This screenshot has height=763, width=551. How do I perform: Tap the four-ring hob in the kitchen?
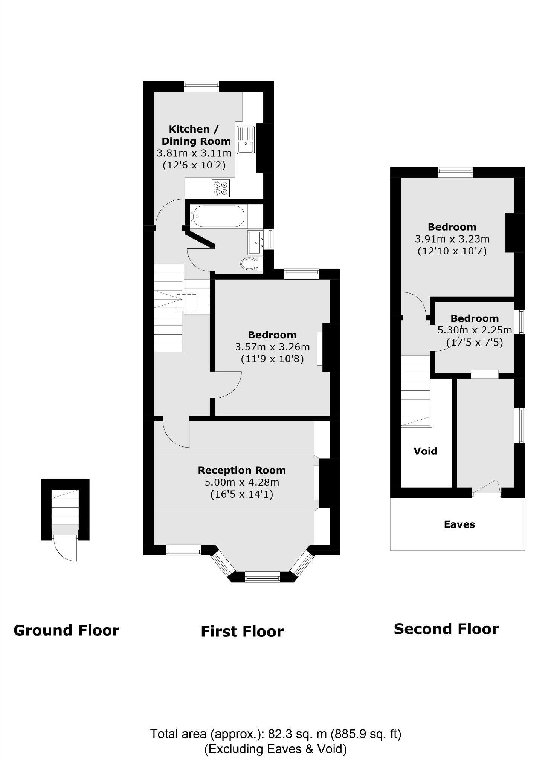[x=221, y=188]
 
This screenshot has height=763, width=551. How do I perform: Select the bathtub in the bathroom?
[x=217, y=216]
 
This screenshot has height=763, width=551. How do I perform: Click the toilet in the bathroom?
[x=249, y=264]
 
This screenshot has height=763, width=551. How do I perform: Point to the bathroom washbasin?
[x=255, y=243]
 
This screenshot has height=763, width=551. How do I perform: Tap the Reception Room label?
[x=242, y=470]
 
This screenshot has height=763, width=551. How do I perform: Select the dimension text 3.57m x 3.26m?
[x=272, y=347]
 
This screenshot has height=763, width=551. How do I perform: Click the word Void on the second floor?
[x=425, y=451]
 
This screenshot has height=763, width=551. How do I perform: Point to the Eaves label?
[x=459, y=524]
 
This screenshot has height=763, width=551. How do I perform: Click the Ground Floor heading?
[x=66, y=630]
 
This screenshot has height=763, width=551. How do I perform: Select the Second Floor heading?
[x=446, y=629]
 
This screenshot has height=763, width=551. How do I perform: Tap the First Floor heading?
[x=242, y=632]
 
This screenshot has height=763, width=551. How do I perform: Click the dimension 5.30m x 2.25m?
[x=475, y=330]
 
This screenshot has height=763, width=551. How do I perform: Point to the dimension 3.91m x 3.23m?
[x=452, y=239]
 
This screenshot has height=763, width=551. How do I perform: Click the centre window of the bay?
[x=262, y=576]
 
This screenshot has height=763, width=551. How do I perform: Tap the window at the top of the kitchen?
[x=201, y=86]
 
